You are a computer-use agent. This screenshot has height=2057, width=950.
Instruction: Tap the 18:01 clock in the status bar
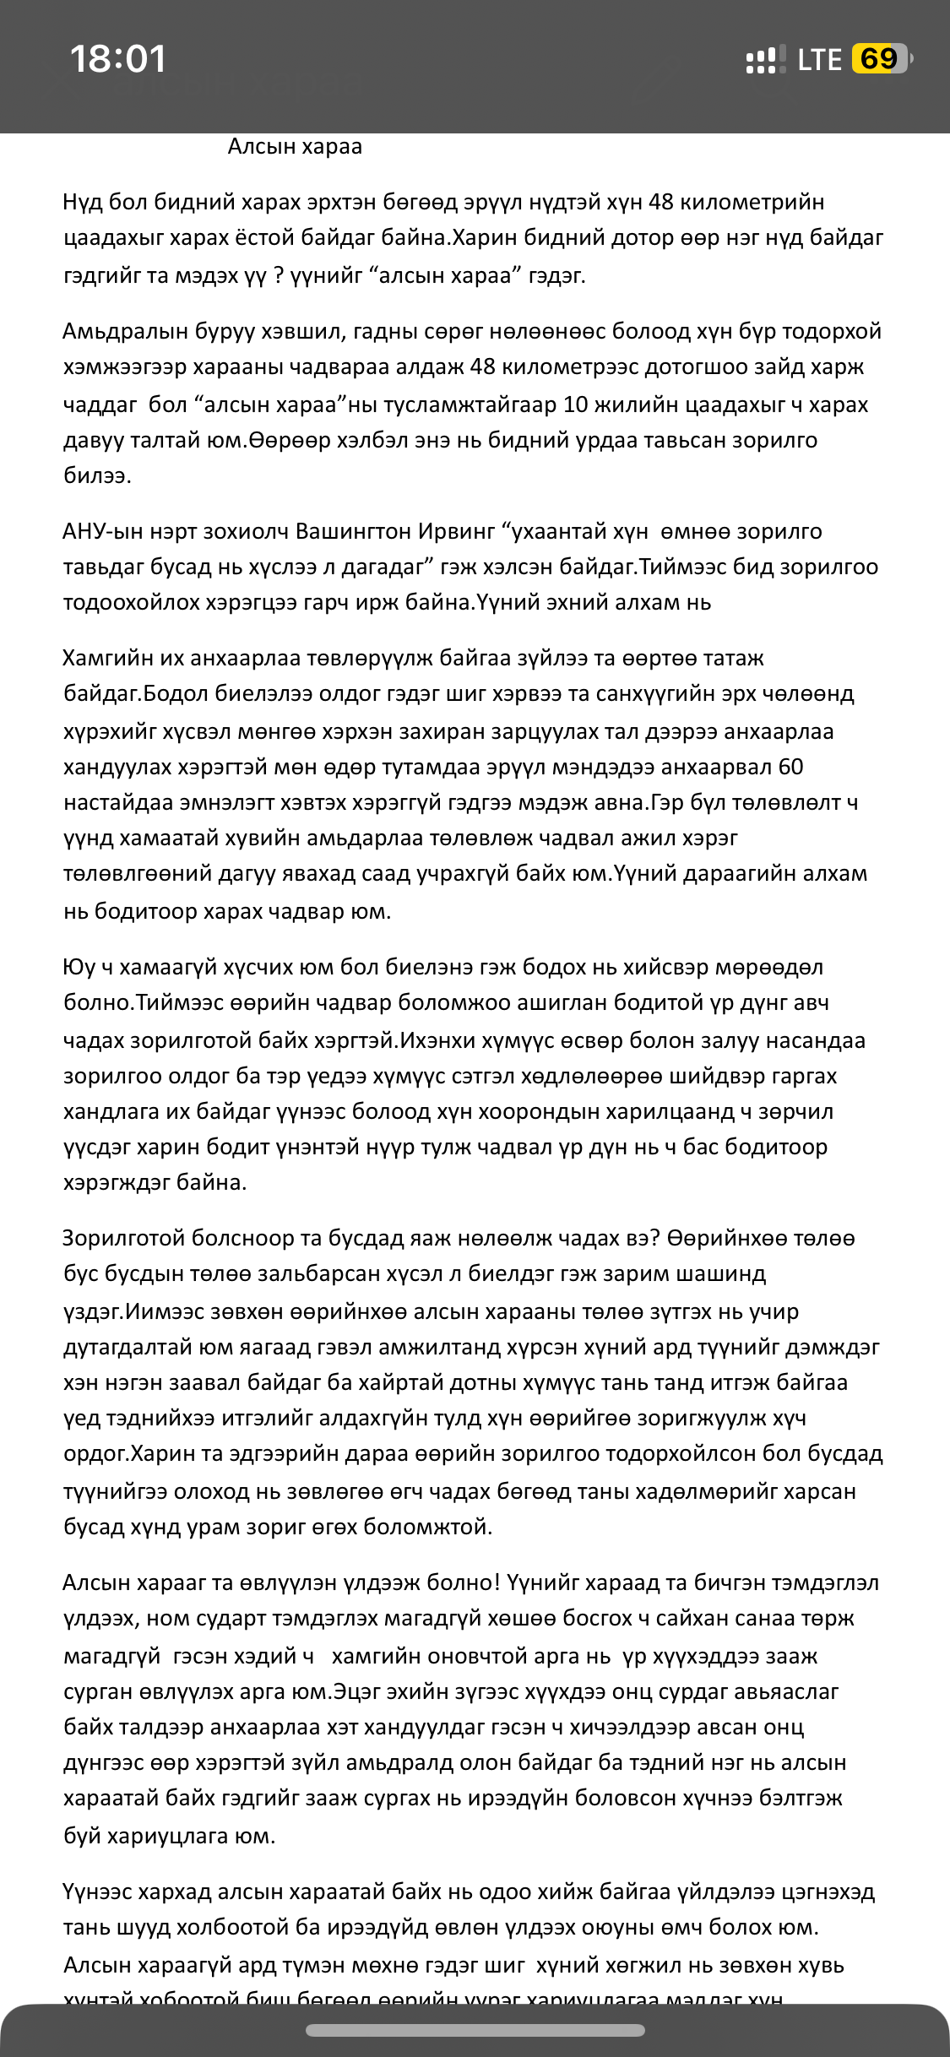coord(118,59)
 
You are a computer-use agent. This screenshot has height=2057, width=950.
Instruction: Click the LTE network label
coord(819,60)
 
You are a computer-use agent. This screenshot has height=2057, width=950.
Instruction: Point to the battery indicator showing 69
coord(881,59)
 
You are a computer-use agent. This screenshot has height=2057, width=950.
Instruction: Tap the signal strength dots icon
coord(765,60)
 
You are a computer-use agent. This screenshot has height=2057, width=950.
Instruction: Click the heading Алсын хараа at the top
coord(295,147)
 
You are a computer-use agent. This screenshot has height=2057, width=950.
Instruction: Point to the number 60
coord(790,767)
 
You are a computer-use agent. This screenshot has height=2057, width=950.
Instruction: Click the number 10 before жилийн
coord(575,404)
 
